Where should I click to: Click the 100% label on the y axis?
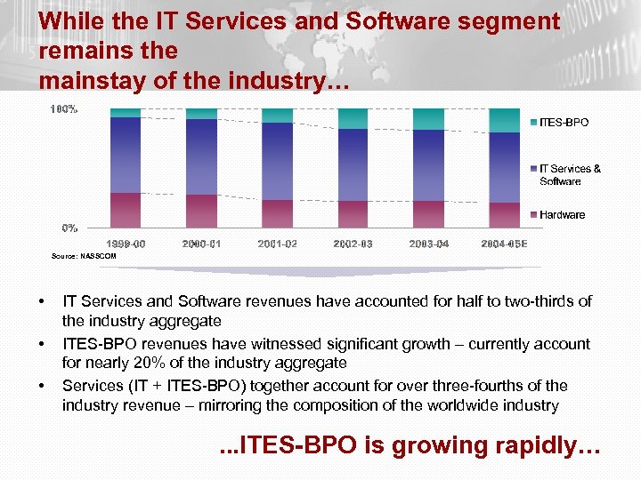click(63, 109)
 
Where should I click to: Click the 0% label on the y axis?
click(69, 228)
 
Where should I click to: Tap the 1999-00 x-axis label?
click(126, 244)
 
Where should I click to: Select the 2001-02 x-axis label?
click(277, 244)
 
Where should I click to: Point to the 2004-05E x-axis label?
click(504, 244)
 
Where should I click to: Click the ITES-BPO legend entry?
click(563, 122)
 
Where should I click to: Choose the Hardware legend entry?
click(561, 214)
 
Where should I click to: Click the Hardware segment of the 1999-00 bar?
click(126, 210)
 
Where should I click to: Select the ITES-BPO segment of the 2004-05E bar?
click(505, 120)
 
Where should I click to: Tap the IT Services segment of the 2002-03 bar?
click(353, 164)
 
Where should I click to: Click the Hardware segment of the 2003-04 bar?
click(428, 214)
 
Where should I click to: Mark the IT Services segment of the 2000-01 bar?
click(201, 156)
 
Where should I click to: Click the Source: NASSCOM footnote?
click(84, 256)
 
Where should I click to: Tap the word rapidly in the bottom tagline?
click(551, 445)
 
